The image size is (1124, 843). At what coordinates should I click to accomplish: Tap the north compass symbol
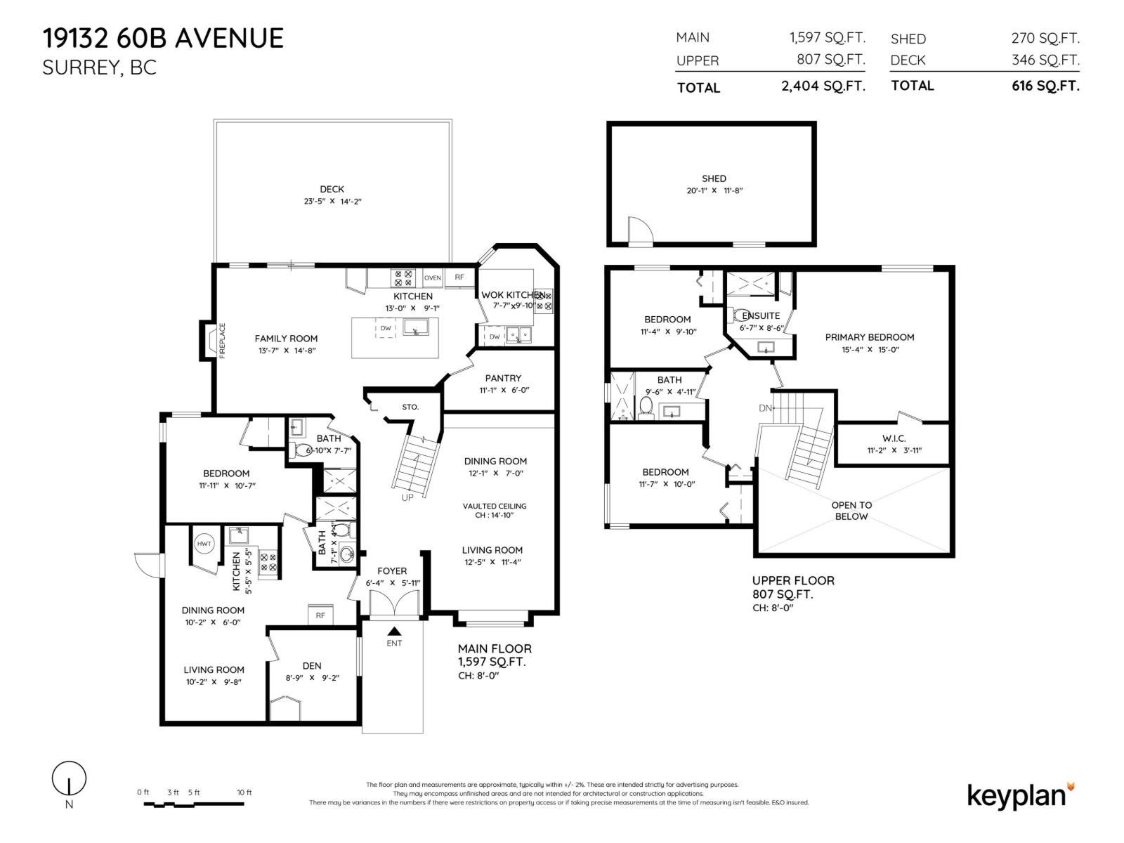69,778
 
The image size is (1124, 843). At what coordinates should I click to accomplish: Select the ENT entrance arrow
394,632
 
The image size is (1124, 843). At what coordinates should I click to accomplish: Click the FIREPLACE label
223,341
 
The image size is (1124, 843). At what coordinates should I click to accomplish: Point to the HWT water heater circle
204,544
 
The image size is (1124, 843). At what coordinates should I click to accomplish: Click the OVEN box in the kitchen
433,278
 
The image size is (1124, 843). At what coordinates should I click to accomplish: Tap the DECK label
332,189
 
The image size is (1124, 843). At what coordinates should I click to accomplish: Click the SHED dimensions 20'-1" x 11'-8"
714,190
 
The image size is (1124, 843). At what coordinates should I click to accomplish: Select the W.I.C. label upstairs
894,438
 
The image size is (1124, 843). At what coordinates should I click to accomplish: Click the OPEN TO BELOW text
851,511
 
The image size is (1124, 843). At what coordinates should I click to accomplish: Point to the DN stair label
766,408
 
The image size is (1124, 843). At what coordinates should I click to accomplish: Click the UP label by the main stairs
407,497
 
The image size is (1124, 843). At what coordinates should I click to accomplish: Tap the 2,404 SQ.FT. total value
823,86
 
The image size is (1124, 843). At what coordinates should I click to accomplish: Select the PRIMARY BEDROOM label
869,337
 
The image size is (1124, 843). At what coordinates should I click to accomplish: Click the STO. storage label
410,407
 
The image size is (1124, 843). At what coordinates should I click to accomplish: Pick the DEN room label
312,665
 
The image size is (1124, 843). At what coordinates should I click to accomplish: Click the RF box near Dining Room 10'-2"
320,615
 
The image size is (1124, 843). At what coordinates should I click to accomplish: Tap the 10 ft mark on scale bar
244,792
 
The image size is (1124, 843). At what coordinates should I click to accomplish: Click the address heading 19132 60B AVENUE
163,38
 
